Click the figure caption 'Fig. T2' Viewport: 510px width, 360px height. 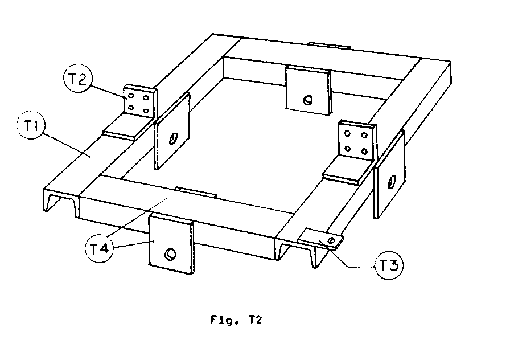(233, 320)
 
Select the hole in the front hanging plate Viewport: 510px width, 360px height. (170, 254)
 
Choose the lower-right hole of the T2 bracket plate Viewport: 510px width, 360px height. (146, 109)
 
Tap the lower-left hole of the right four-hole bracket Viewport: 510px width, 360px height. (348, 149)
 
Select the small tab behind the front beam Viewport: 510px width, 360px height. (196, 191)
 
